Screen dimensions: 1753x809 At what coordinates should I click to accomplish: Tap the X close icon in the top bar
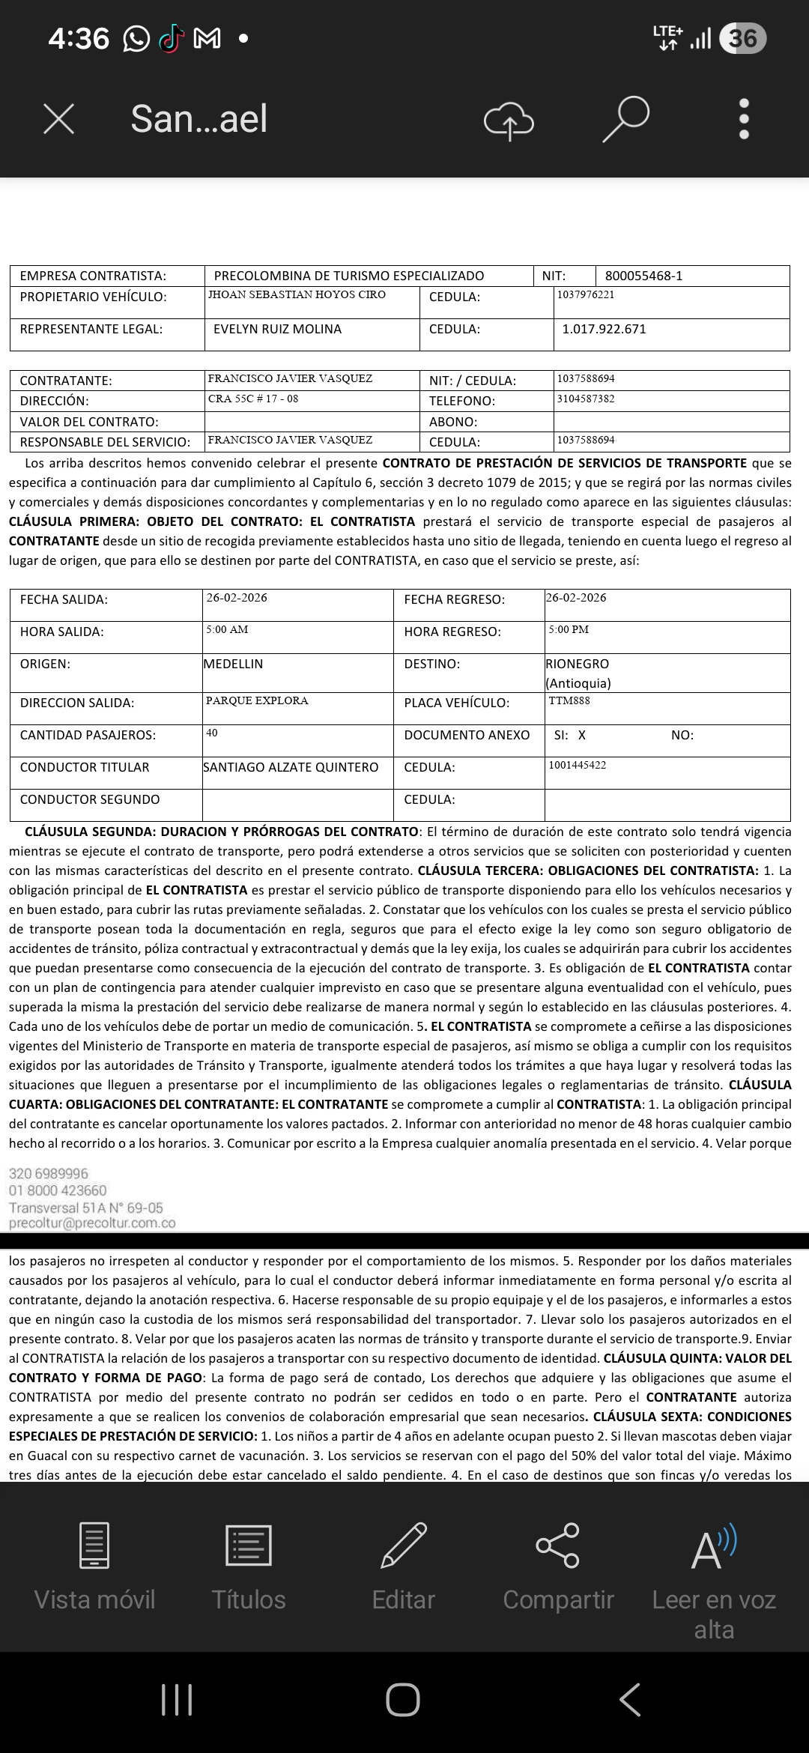[x=59, y=119]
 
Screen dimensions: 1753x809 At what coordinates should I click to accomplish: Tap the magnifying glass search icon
[x=625, y=118]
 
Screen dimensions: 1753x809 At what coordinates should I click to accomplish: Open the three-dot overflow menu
[x=744, y=119]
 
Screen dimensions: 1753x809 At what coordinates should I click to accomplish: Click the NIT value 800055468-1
[x=643, y=276]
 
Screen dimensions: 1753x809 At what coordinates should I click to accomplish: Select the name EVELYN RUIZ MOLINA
[x=277, y=329]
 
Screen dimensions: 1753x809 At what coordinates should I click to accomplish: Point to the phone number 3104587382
[x=586, y=399]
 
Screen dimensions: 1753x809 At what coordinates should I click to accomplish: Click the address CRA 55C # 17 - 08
[x=253, y=399]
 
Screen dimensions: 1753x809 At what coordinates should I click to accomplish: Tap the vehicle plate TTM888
[x=569, y=700]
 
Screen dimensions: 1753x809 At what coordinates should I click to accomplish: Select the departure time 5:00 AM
[x=227, y=629]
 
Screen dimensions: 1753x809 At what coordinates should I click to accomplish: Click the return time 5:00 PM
[x=569, y=629]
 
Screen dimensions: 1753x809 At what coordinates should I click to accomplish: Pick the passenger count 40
[x=212, y=733]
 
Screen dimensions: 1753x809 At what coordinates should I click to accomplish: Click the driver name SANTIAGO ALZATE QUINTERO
[x=291, y=767]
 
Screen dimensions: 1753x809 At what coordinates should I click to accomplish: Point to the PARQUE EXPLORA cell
[x=257, y=700]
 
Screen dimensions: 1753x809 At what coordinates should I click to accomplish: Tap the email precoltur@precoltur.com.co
[x=92, y=1223]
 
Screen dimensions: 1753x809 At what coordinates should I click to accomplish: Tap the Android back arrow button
[x=630, y=1700]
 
